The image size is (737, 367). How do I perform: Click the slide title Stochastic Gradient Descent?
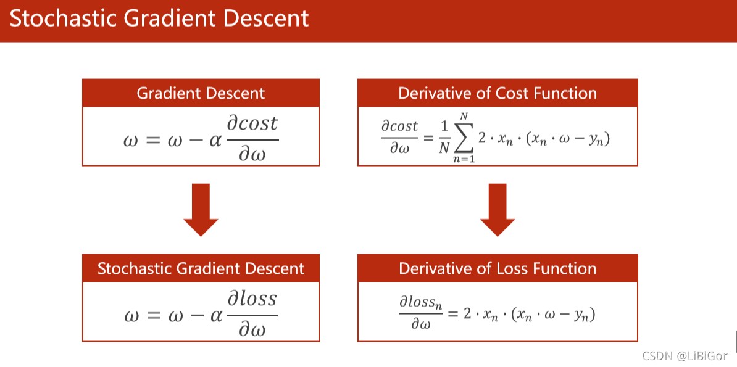(159, 19)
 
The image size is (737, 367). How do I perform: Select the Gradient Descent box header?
(201, 93)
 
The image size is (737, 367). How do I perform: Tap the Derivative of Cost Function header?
(498, 93)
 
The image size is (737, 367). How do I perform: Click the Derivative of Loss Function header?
(498, 268)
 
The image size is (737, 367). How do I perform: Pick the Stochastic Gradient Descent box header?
(201, 268)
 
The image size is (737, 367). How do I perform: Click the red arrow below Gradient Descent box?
(201, 210)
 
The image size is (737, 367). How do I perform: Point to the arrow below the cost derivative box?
(498, 210)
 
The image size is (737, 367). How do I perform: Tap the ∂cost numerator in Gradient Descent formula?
(252, 123)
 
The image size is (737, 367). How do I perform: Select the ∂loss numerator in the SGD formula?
(252, 300)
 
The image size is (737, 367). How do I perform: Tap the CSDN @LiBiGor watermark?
(685, 356)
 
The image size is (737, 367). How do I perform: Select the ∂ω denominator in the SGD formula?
(252, 329)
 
